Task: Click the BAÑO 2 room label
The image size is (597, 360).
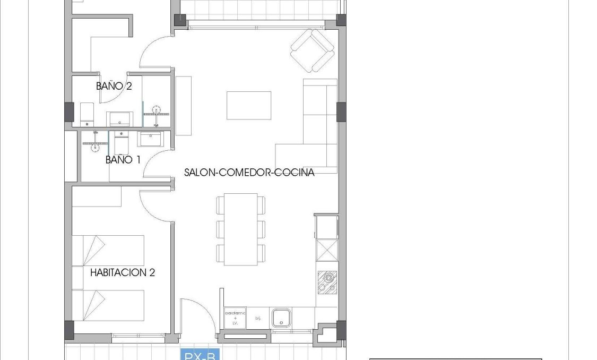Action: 114,85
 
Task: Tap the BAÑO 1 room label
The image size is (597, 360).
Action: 123,159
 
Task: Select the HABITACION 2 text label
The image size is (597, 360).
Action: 122,273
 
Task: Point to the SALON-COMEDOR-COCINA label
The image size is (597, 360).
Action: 249,173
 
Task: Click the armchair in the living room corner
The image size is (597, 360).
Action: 313,50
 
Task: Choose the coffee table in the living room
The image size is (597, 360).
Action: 249,106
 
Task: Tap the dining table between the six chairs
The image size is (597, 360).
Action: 240,229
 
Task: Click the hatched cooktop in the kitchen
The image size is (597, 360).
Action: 327,281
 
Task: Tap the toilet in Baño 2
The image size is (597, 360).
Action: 88,114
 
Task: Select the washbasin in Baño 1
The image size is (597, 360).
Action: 150,139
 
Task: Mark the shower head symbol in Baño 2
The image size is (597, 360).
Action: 157,110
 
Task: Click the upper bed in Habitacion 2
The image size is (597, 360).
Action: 108,251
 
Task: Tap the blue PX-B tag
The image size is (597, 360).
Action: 200,355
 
